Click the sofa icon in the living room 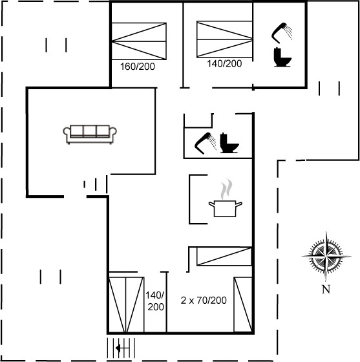(90, 134)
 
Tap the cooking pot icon (225, 208)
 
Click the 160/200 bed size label (138, 67)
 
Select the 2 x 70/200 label (204, 300)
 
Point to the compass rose (326, 256)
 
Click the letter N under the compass (326, 289)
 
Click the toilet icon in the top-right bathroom (282, 57)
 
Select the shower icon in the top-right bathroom (282, 33)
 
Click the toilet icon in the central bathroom (229, 143)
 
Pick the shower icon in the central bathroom (206, 143)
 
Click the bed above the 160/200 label (139, 41)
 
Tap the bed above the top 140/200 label (224, 39)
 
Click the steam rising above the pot (226, 189)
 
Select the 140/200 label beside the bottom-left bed (155, 301)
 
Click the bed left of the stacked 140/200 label (127, 304)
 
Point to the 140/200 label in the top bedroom (224, 63)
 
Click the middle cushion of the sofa (90, 131)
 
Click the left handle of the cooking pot (211, 204)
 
